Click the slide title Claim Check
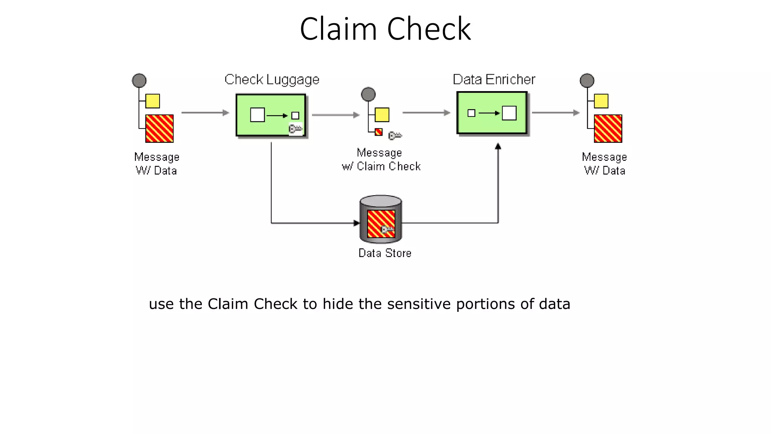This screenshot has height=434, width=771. click(385, 29)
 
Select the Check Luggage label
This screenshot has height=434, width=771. click(272, 79)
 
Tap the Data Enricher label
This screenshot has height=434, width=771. click(494, 79)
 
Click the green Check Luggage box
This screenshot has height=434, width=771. click(271, 115)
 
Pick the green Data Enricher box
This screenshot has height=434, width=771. click(492, 113)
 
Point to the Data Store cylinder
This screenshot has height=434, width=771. click(381, 219)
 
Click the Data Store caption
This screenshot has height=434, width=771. click(384, 253)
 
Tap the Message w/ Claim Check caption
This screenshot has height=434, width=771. click(381, 159)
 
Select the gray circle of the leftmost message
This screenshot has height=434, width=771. click(139, 81)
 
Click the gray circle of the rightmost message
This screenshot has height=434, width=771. click(587, 81)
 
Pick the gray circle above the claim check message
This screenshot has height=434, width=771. click(368, 94)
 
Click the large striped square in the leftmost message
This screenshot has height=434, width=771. click(159, 128)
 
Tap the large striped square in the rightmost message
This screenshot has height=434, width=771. click(608, 128)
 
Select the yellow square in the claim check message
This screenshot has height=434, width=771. click(382, 115)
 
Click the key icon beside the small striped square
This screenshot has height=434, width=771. click(395, 135)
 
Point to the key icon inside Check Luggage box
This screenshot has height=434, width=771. click(296, 129)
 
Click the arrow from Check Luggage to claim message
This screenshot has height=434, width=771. click(335, 115)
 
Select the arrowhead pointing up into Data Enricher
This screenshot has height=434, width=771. click(498, 147)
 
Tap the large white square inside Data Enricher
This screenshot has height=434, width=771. click(509, 113)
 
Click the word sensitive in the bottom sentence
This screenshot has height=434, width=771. click(419, 304)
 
